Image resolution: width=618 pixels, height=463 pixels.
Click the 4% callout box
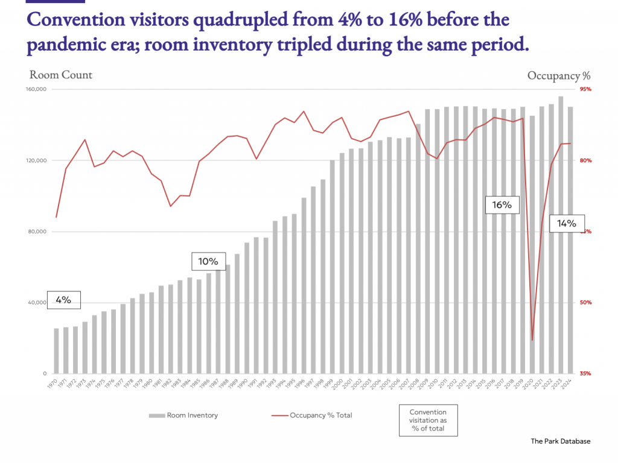(x=63, y=300)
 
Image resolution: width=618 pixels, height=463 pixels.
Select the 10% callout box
(x=208, y=262)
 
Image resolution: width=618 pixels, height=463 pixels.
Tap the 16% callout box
(x=502, y=205)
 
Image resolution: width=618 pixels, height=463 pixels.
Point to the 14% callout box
(x=567, y=223)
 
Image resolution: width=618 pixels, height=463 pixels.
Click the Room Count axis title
(x=61, y=75)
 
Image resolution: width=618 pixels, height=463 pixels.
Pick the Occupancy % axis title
(x=558, y=75)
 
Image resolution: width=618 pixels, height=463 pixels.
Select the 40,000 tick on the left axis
(x=39, y=303)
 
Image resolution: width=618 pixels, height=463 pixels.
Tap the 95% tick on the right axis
(x=585, y=89)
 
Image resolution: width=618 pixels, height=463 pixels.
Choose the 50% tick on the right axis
(x=585, y=303)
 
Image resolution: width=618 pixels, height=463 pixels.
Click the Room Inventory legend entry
(x=183, y=415)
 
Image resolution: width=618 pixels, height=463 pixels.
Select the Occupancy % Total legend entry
(x=312, y=415)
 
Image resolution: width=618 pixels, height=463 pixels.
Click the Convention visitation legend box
(x=428, y=420)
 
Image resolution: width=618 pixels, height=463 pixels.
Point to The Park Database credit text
(x=561, y=441)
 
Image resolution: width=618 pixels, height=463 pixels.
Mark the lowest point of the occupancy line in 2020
(x=532, y=341)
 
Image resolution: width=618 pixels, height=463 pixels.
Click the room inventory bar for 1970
(x=57, y=351)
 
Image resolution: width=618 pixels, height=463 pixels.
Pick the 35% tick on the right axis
(x=585, y=374)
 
